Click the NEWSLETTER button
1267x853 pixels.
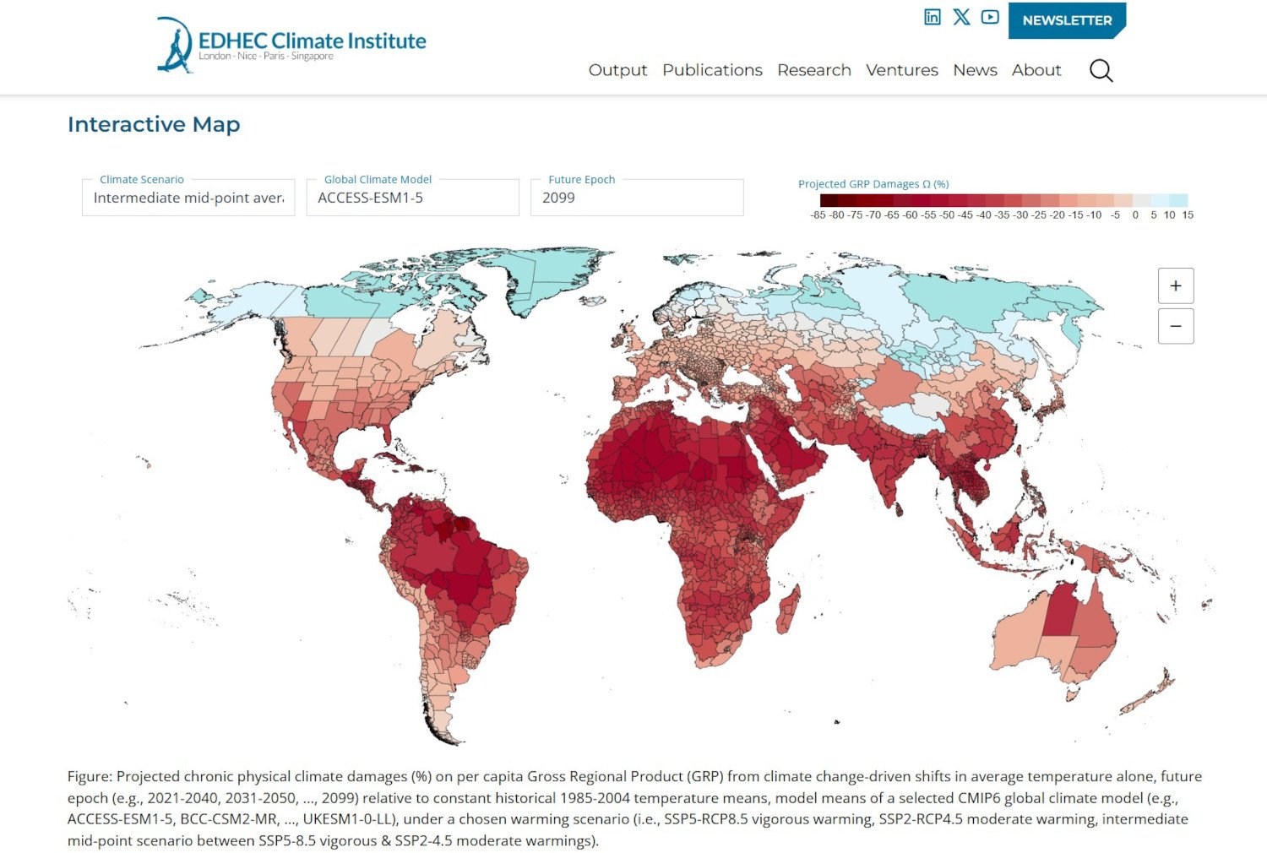pyautogui.click(x=1066, y=20)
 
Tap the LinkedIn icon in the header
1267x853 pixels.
pyautogui.click(x=932, y=17)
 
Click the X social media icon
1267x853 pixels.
pyautogui.click(x=961, y=17)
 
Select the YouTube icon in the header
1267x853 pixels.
pyautogui.click(x=990, y=17)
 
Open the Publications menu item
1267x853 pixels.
pyautogui.click(x=711, y=70)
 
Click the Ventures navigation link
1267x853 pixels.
pyautogui.click(x=901, y=70)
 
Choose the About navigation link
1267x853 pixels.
pyautogui.click(x=1036, y=70)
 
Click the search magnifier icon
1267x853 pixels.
pyautogui.click(x=1101, y=70)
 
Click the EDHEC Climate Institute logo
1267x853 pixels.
pyautogui.click(x=291, y=44)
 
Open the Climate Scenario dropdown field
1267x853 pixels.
pyautogui.click(x=188, y=198)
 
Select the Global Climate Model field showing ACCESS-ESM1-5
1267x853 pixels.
pyautogui.click(x=412, y=198)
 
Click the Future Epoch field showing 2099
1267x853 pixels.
pyautogui.click(x=636, y=198)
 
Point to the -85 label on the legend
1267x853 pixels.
pyautogui.click(x=818, y=215)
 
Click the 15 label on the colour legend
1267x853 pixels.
pyautogui.click(x=1188, y=215)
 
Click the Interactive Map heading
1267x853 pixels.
pyautogui.click(x=154, y=124)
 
